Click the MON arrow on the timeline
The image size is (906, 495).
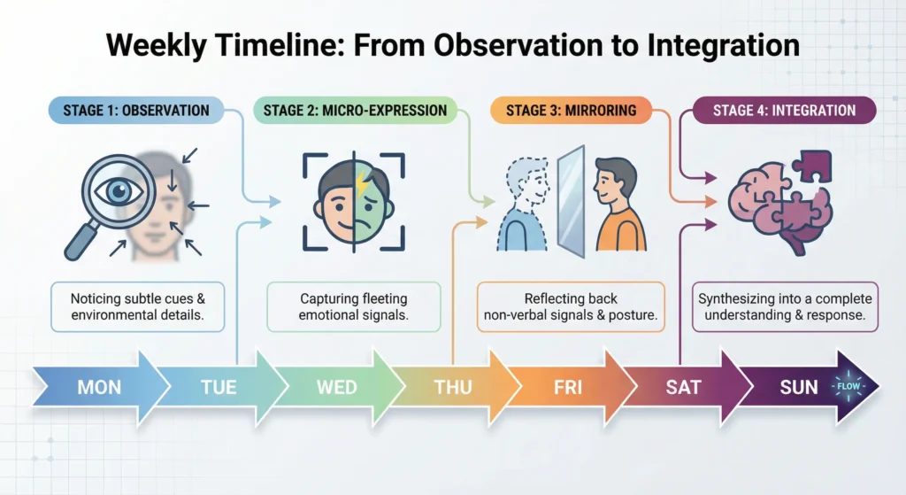(x=99, y=387)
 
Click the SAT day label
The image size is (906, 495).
(x=683, y=387)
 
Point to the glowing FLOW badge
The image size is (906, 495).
(x=848, y=386)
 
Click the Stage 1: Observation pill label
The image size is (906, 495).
(x=135, y=111)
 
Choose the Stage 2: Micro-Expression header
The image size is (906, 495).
(x=355, y=111)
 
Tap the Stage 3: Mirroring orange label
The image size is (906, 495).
(x=571, y=111)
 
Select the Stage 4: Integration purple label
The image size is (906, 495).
(x=784, y=111)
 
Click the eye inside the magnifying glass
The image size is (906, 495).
(x=119, y=191)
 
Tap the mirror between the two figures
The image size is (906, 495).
(x=571, y=201)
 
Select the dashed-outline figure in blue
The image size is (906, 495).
(x=523, y=205)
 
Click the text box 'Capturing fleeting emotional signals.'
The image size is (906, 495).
(x=354, y=307)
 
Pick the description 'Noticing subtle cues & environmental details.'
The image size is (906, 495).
(x=137, y=307)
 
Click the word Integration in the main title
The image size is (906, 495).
(x=724, y=46)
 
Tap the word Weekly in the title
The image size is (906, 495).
(x=156, y=46)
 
